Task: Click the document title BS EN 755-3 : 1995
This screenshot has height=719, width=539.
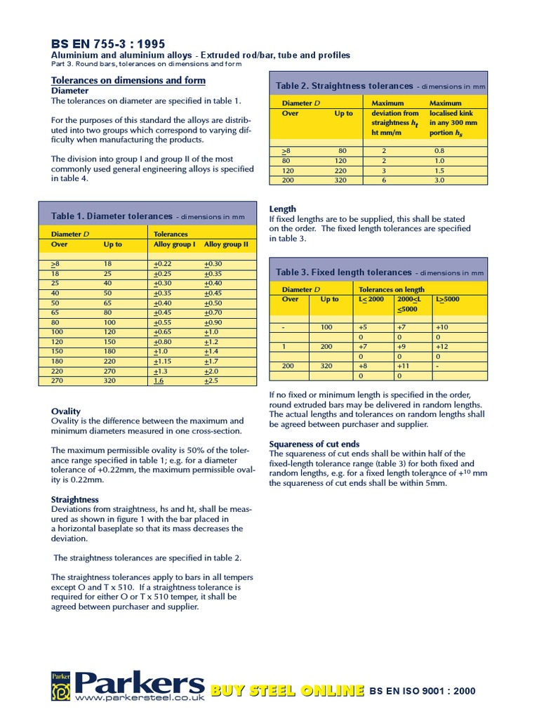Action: (x=109, y=44)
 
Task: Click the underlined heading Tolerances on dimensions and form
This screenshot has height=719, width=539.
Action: (x=128, y=80)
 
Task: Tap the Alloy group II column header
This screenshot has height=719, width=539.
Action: (x=226, y=245)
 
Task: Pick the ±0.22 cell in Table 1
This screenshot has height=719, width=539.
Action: (x=163, y=263)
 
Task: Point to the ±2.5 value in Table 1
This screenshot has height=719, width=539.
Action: (x=212, y=381)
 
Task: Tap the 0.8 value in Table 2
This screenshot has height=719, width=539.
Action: (x=439, y=151)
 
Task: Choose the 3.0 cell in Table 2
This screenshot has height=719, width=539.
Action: (x=439, y=180)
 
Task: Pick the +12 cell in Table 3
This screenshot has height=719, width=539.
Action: (x=442, y=347)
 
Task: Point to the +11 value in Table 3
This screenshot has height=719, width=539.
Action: (x=403, y=366)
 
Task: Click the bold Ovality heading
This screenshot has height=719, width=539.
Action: (x=66, y=411)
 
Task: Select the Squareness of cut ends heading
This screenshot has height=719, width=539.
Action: (x=314, y=444)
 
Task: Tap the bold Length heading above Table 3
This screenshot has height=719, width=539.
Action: (x=283, y=209)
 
